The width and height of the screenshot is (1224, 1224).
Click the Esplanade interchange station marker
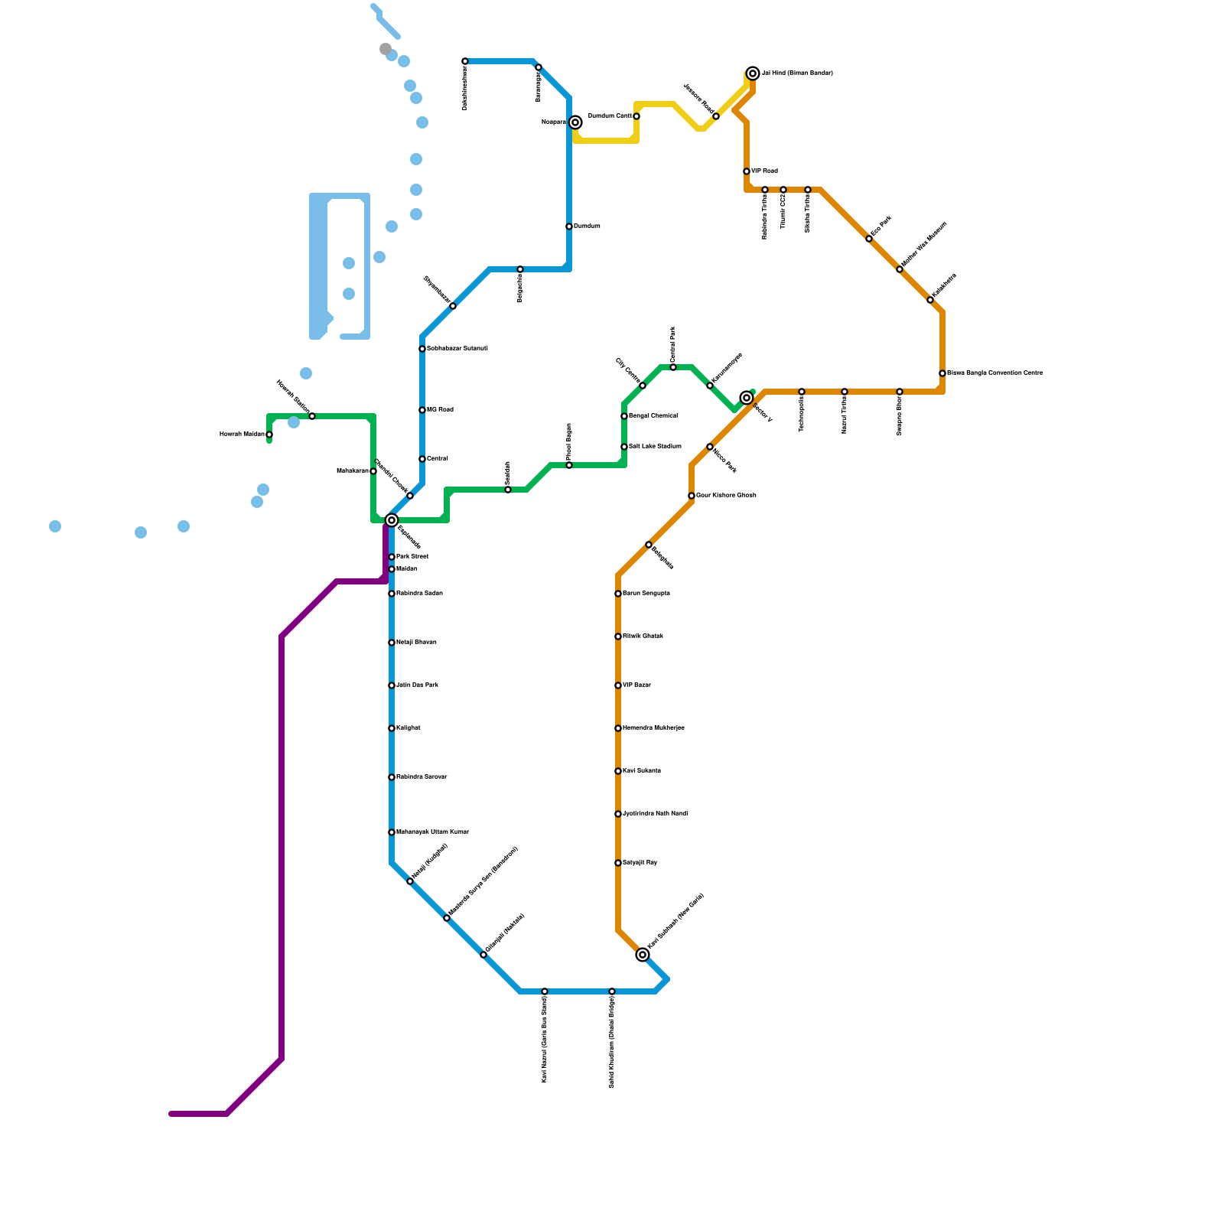pyautogui.click(x=392, y=520)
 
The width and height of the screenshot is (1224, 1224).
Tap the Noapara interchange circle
pyautogui.click(x=575, y=122)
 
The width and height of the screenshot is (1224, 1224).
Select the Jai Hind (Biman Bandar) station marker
pyautogui.click(x=753, y=73)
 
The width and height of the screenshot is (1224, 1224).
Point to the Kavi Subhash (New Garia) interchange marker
pyautogui.click(x=643, y=955)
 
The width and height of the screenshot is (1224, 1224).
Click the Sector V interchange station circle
pyautogui.click(x=747, y=398)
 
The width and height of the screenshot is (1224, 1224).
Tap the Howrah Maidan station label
pyautogui.click(x=242, y=435)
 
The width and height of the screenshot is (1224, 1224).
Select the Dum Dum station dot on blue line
pyautogui.click(x=569, y=226)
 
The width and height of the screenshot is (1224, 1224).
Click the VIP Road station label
pyautogui.click(x=764, y=171)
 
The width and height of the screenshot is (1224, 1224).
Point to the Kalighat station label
pyautogui.click(x=408, y=728)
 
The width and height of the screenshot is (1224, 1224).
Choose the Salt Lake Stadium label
pyautogui.click(x=655, y=447)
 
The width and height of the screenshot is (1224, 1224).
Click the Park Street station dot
pyautogui.click(x=392, y=557)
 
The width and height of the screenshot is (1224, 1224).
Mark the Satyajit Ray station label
pyautogui.click(x=640, y=863)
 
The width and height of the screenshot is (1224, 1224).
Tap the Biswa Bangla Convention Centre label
pyautogui.click(x=994, y=373)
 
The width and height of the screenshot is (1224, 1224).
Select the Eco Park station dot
pyautogui.click(x=869, y=239)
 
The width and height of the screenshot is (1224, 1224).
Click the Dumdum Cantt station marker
pyautogui.click(x=636, y=116)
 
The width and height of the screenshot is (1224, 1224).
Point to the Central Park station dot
pyautogui.click(x=673, y=367)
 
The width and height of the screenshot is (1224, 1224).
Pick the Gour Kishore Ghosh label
pyautogui.click(x=726, y=496)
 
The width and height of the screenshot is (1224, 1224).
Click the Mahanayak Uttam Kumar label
pyautogui.click(x=432, y=832)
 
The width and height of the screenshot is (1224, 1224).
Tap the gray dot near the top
pyautogui.click(x=386, y=49)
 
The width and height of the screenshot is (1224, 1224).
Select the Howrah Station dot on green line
pyautogui.click(x=312, y=416)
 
